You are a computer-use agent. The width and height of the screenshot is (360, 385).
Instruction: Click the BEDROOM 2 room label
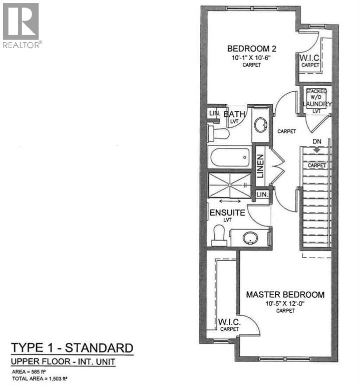(252, 49)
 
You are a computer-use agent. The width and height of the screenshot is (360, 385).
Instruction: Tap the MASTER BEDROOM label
(285, 294)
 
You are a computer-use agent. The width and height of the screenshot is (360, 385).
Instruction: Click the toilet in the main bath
(219, 133)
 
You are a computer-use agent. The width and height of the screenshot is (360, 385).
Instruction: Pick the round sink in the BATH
(260, 125)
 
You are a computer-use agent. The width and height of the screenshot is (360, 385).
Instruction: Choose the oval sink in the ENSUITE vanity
(250, 238)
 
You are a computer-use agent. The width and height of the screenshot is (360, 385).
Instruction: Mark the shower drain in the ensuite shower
(231, 185)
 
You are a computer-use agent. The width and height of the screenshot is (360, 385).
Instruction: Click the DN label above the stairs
(316, 142)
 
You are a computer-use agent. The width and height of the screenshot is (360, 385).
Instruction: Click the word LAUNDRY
(317, 104)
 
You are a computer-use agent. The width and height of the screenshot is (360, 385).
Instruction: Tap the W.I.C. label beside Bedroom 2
(310, 59)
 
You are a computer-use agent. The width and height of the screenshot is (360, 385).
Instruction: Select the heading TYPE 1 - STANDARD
(72, 348)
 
